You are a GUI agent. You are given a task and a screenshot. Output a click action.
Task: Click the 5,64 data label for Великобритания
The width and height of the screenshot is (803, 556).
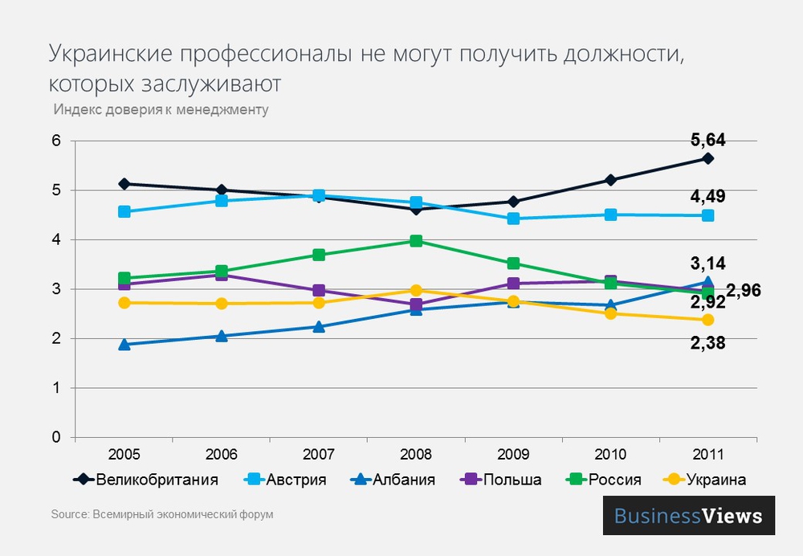point(707,141)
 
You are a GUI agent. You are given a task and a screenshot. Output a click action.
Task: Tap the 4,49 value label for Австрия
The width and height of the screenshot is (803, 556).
point(707,197)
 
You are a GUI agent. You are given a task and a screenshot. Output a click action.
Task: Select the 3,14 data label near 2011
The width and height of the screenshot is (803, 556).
point(707,263)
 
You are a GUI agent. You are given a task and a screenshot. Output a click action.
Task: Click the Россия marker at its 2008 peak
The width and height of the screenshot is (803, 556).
point(416,241)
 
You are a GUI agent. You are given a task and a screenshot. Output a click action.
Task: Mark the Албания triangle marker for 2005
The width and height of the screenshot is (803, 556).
point(124,345)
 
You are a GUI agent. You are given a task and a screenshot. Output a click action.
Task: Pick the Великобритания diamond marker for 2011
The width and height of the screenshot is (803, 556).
point(707,158)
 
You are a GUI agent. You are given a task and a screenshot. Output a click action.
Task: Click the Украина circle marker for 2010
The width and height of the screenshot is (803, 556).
point(610,313)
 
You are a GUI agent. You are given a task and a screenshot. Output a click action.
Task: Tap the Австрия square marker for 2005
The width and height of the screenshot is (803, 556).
point(124,212)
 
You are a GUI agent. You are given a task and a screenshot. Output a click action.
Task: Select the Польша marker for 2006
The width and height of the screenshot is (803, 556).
point(222,275)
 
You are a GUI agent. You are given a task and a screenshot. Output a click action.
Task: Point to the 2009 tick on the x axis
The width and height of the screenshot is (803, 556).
point(513,454)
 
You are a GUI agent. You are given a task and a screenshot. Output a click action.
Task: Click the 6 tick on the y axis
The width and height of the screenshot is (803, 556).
point(56,141)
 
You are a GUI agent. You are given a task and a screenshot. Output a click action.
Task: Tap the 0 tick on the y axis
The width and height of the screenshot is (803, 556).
point(56,438)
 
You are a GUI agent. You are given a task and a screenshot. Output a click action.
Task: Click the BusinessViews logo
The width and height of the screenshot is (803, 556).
point(688,515)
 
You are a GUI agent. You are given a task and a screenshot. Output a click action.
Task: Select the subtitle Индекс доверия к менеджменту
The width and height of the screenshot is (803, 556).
point(161,109)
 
